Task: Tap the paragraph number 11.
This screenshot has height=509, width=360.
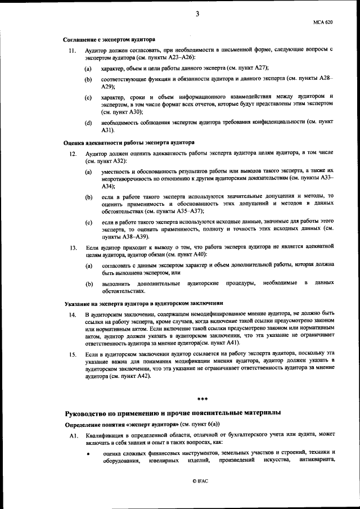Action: coord(72,51)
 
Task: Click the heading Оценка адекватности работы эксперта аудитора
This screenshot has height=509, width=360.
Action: coord(129,143)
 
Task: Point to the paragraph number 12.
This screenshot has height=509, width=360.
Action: coord(72,153)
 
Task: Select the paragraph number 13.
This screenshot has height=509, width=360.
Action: coord(72,247)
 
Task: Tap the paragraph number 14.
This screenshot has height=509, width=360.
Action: coord(72,313)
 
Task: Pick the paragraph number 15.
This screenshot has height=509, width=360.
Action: coord(72,354)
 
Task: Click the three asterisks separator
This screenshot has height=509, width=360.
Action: coord(202,399)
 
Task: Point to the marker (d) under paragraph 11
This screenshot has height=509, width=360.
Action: coord(88,123)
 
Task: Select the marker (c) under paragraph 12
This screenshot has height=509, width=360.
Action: coord(88,223)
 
